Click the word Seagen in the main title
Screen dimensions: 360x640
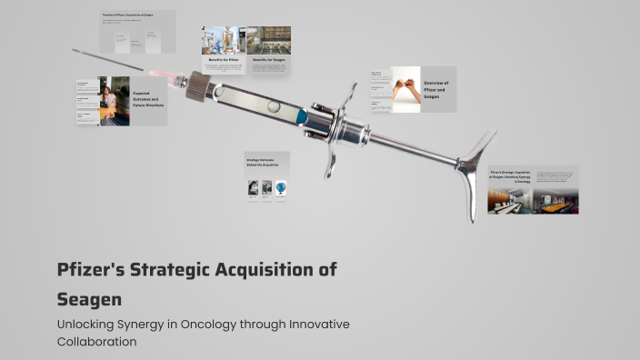89,298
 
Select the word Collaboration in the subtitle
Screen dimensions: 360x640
96,342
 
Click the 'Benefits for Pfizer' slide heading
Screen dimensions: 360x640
224,59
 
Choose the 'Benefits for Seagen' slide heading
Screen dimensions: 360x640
268,59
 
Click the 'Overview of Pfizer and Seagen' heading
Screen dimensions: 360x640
436,89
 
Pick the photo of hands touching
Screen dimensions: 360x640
405,89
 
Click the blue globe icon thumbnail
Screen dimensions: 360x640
281,188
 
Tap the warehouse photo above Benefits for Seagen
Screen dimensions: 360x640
269,40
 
